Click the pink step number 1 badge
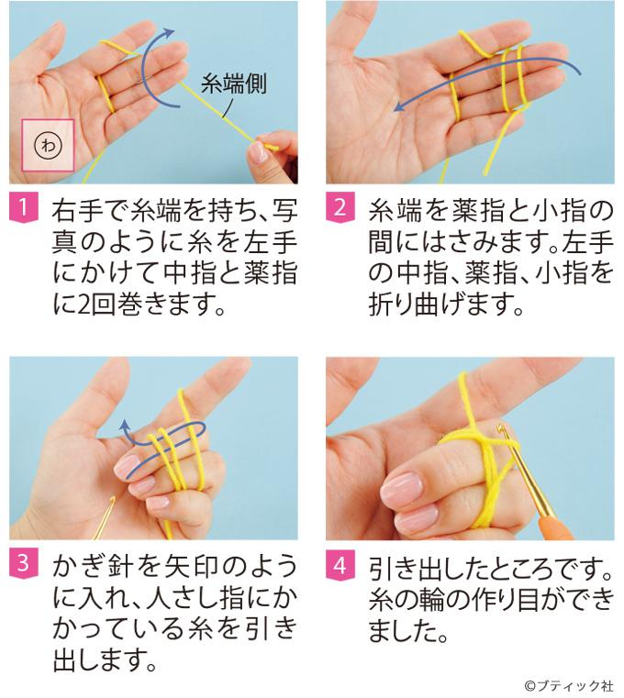[23, 208]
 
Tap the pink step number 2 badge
[340, 208]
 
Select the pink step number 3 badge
[23, 564]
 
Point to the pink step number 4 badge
[340, 564]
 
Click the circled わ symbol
[48, 145]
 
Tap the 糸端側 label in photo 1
[234, 83]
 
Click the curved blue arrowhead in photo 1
[169, 32]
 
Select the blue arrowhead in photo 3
[125, 427]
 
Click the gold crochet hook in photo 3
[104, 517]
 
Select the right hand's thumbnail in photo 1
[258, 151]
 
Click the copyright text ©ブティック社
[569, 685]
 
